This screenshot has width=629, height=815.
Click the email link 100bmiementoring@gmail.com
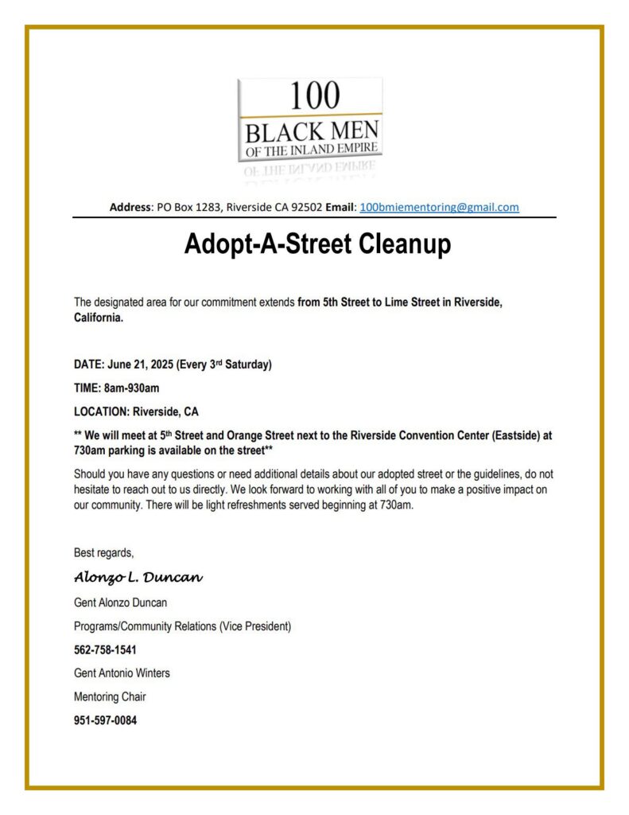(439, 207)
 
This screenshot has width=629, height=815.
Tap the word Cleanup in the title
(398, 244)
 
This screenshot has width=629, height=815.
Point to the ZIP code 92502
(305, 207)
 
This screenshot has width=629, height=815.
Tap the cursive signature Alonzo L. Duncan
(138, 576)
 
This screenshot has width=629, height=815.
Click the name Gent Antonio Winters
(122, 673)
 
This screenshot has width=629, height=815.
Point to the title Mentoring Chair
(110, 697)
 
